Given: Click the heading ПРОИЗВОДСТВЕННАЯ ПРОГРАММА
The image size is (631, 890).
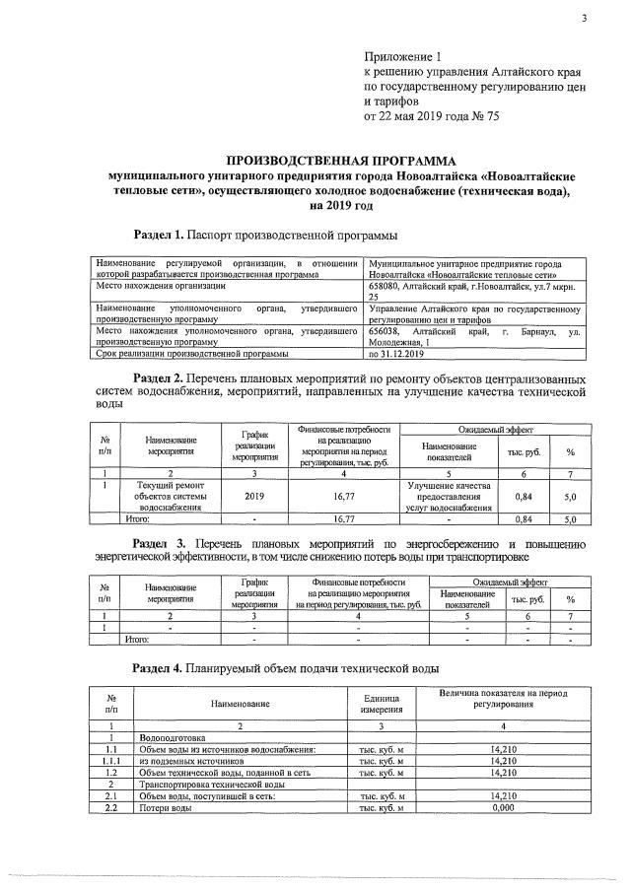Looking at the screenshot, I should tap(335, 159).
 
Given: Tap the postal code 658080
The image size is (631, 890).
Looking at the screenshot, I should tap(386, 286).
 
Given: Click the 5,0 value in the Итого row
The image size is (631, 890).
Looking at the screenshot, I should tap(569, 518).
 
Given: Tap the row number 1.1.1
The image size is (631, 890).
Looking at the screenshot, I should tap(111, 761).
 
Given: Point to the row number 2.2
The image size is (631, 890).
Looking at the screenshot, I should tap(111, 808).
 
